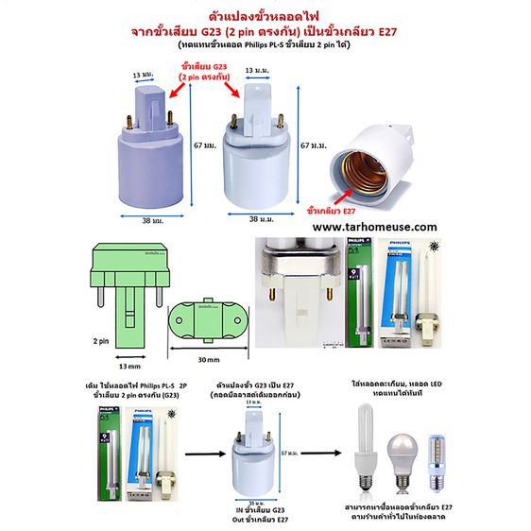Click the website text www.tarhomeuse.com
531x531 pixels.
(x=375, y=227)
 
